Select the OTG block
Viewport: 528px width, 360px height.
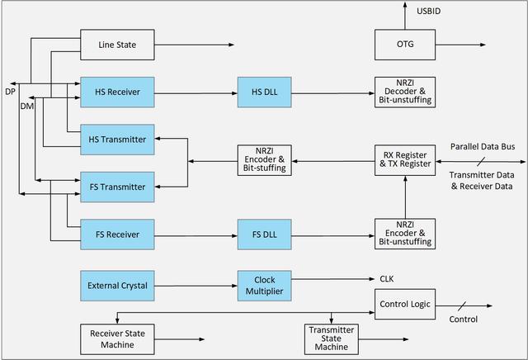click(404, 45)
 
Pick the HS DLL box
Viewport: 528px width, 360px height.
click(263, 92)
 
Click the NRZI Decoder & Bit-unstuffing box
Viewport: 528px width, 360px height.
click(404, 92)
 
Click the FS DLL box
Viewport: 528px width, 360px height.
click(263, 234)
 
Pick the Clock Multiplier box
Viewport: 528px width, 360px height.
click(263, 286)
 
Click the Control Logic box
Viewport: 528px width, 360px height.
click(404, 304)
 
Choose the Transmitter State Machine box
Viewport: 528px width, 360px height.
click(332, 338)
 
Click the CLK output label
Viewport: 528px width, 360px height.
click(388, 279)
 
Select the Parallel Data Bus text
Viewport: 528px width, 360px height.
click(483, 147)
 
